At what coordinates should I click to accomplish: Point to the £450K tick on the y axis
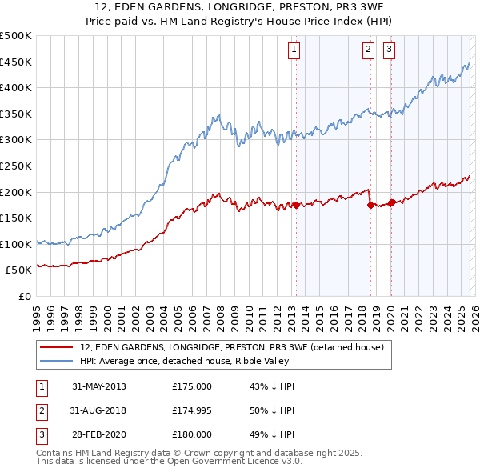[16, 62]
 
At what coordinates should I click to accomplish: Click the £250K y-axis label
[16, 166]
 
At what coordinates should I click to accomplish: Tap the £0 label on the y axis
[26, 296]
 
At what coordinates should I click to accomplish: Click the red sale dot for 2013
[296, 205]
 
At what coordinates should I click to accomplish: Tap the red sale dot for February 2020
[391, 202]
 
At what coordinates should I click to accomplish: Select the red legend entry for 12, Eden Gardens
[232, 347]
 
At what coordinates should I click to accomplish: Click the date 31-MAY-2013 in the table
[98, 386]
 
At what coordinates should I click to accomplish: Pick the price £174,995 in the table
[192, 410]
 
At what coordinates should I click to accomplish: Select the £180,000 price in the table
[192, 434]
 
